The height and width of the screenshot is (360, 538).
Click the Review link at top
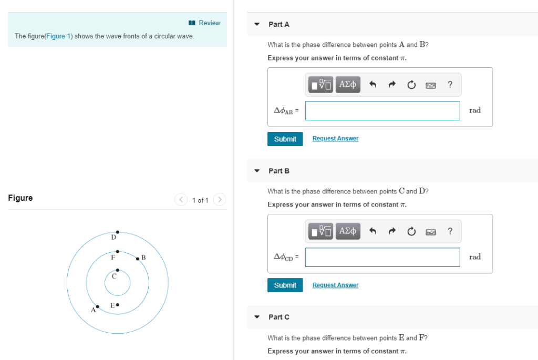point(205,23)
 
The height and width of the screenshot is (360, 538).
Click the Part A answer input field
point(382,110)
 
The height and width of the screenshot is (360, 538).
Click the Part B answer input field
point(382,257)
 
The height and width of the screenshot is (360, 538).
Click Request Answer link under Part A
point(335,139)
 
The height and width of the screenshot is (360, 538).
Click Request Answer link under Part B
point(335,285)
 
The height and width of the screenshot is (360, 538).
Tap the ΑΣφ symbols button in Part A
point(348,84)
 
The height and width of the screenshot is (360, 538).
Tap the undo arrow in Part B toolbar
point(373,231)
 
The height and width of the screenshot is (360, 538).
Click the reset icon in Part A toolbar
point(411,84)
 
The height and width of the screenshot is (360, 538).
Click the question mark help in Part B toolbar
point(450,231)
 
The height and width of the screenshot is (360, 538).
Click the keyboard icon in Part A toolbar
point(431,84)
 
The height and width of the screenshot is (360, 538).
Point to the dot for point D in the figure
point(118,232)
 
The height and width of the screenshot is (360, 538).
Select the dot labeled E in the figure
point(118,304)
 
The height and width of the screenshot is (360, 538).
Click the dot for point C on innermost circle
point(118,270)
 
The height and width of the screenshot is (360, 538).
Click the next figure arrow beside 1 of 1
point(220,200)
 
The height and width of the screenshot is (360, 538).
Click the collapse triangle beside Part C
point(257,317)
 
